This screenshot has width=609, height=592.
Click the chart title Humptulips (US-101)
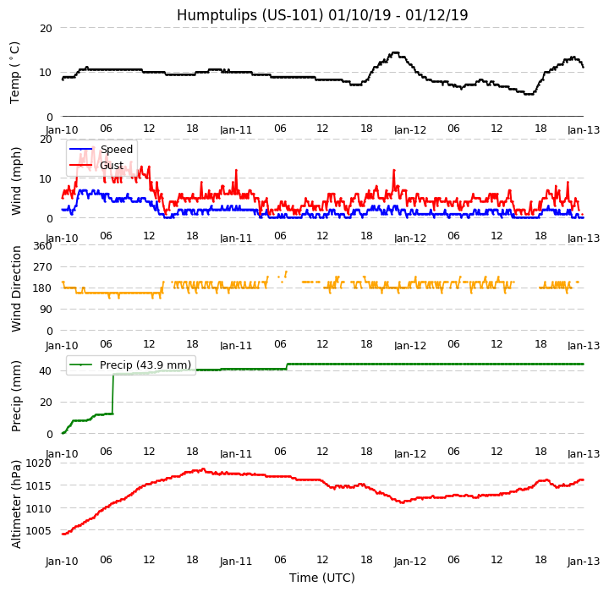click(321, 15)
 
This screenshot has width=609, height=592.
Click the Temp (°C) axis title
click(15, 72)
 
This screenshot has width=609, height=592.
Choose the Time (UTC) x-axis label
click(321, 578)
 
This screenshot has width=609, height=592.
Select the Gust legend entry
click(111, 166)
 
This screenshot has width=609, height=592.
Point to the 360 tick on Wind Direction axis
click(42, 246)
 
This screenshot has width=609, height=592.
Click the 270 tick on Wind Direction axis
click(42, 267)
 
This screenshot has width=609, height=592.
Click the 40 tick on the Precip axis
click(47, 370)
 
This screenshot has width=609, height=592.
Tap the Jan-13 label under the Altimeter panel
click(584, 561)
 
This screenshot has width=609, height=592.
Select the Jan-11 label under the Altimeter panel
click(236, 561)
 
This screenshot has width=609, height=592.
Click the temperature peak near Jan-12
click(394, 52)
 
